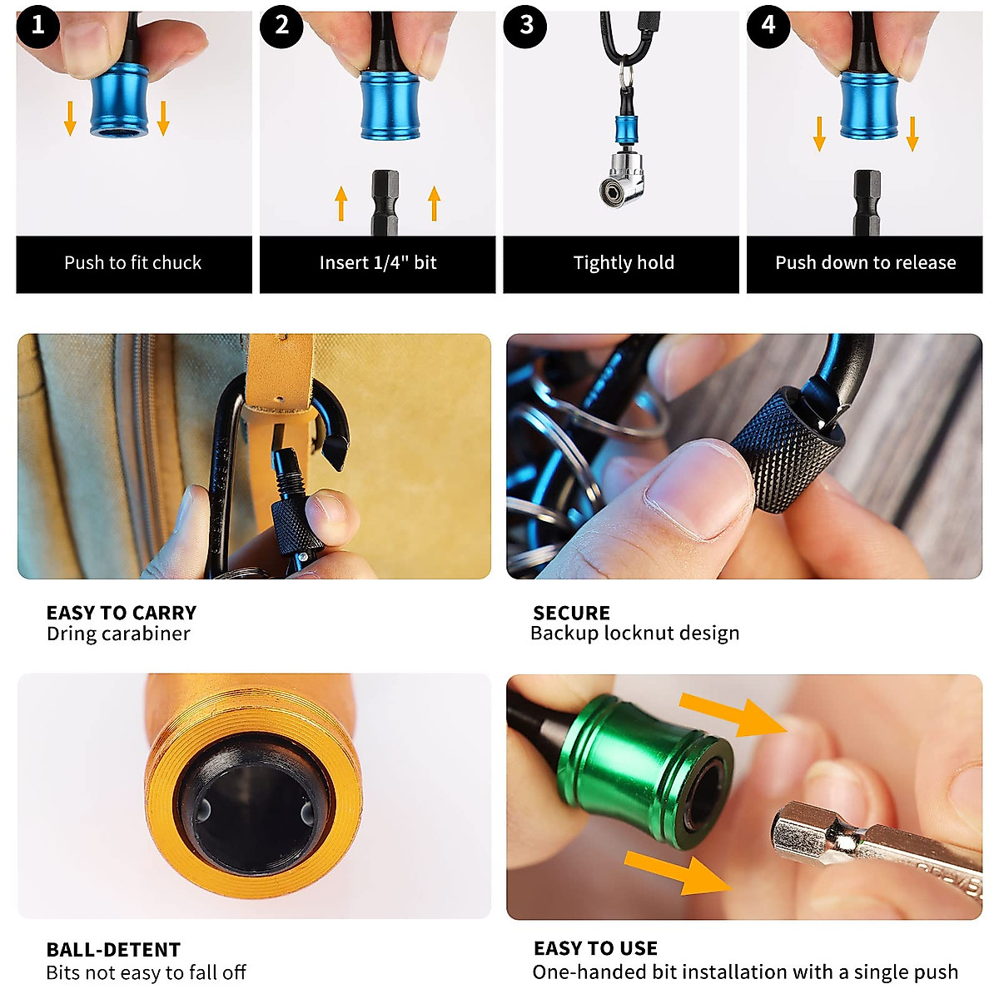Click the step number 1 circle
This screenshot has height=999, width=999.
click(x=37, y=26)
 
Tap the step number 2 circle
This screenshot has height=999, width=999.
click(x=281, y=26)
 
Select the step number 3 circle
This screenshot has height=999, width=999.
click(x=525, y=26)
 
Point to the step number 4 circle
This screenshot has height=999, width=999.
click(x=768, y=26)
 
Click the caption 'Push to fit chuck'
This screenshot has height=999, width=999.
click(x=133, y=263)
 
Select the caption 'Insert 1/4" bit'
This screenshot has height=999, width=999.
click(x=378, y=263)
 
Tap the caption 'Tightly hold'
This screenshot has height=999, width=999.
click(x=624, y=263)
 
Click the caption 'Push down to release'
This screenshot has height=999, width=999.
click(x=865, y=263)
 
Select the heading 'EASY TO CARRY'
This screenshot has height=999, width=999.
click(x=122, y=613)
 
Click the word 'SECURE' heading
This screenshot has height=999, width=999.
click(x=571, y=613)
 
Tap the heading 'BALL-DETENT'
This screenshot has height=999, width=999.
click(x=113, y=950)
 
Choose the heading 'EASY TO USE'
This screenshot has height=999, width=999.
click(x=595, y=948)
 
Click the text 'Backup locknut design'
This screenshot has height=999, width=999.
click(x=634, y=634)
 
